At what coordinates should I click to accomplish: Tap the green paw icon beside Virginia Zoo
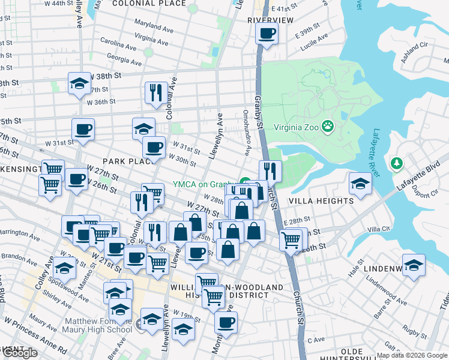click(x=327, y=126)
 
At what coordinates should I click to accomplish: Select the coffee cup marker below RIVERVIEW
click(x=267, y=32)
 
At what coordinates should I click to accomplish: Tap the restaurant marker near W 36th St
click(x=155, y=92)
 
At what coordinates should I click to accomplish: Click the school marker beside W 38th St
click(x=79, y=84)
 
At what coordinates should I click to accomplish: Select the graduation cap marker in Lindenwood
click(x=414, y=264)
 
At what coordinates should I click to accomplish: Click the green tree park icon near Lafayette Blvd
click(x=396, y=163)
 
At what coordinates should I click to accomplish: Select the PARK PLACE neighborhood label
click(x=125, y=162)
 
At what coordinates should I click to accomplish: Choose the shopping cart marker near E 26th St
click(x=291, y=239)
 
